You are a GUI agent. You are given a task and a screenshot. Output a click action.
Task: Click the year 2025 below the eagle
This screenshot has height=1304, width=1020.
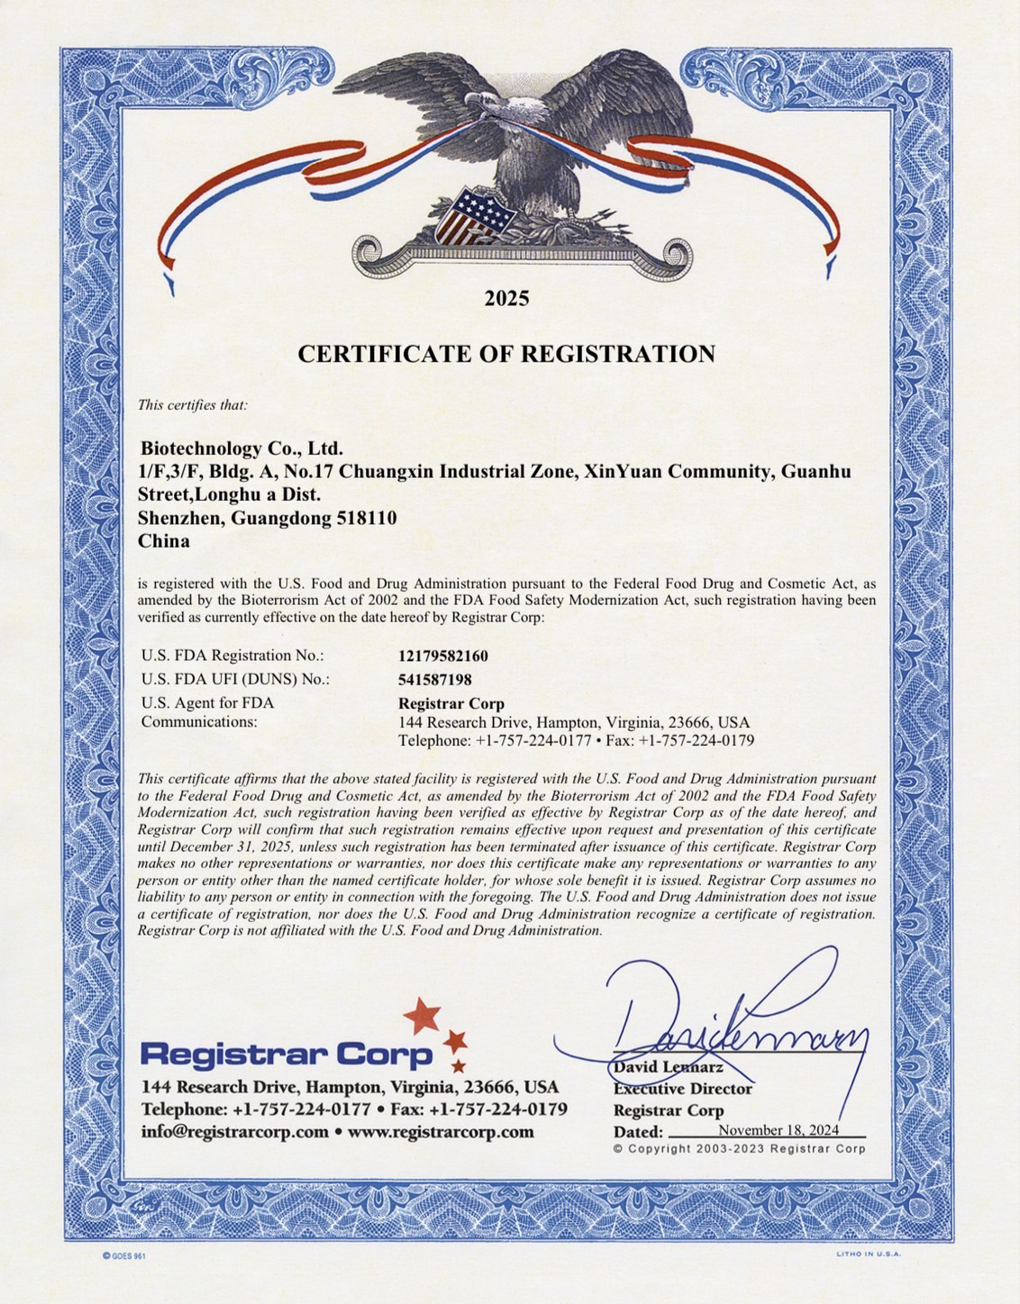(506, 298)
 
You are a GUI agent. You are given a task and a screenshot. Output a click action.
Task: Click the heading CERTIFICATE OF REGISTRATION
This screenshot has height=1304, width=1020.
(506, 354)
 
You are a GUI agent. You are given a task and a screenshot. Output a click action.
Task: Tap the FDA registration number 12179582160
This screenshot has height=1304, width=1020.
(443, 656)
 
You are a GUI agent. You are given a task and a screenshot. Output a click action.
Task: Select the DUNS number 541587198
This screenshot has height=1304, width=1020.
(435, 679)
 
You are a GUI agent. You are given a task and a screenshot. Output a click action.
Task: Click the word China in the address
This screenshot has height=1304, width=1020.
(164, 541)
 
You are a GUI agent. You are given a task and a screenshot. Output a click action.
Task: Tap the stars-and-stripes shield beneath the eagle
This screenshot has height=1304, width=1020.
(471, 216)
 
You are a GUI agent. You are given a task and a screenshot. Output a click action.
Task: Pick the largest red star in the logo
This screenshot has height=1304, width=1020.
(422, 1015)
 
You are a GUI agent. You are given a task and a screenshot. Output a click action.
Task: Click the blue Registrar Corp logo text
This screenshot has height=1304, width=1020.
(287, 1054)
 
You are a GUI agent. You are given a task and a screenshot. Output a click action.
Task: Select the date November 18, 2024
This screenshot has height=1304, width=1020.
(779, 1130)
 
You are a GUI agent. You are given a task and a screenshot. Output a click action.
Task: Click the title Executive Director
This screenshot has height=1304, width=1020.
(683, 1089)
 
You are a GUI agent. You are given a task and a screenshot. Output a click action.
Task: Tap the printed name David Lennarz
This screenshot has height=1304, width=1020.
(669, 1067)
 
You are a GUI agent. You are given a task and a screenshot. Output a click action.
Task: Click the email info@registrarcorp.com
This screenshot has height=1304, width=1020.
(234, 1132)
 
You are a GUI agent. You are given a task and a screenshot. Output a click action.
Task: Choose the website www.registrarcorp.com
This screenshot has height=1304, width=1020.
(441, 1132)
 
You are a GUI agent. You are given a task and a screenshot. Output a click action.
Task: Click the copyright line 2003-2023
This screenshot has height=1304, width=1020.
(739, 1149)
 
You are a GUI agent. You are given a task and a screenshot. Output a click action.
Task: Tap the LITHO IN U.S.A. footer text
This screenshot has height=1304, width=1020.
(868, 1254)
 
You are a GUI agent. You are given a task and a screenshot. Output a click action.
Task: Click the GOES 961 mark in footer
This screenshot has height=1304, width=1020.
(123, 1255)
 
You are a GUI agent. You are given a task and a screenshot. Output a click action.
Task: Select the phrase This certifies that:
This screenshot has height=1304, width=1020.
(192, 405)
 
